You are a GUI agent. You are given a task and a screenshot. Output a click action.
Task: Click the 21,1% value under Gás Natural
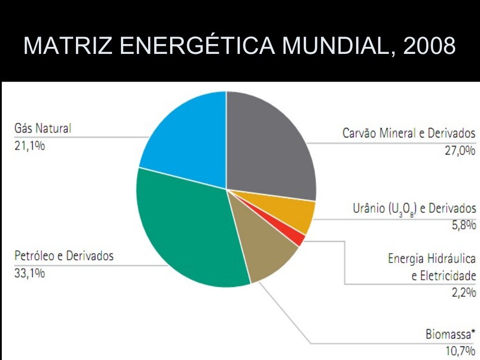pos(30,146)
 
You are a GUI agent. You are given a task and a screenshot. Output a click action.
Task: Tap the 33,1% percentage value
pos(30,273)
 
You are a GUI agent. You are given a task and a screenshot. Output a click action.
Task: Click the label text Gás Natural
pos(43,128)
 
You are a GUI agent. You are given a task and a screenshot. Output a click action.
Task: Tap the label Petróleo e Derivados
pos(64,256)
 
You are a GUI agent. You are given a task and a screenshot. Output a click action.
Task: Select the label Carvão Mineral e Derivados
pos(409,133)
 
